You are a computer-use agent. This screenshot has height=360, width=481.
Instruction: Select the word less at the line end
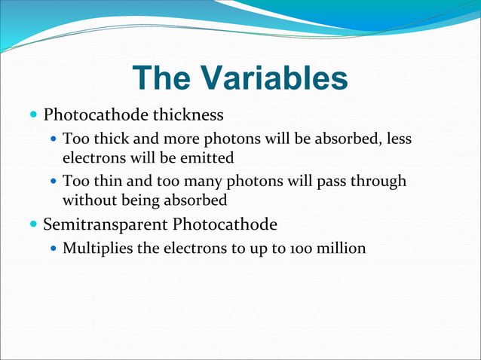tap(398, 139)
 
